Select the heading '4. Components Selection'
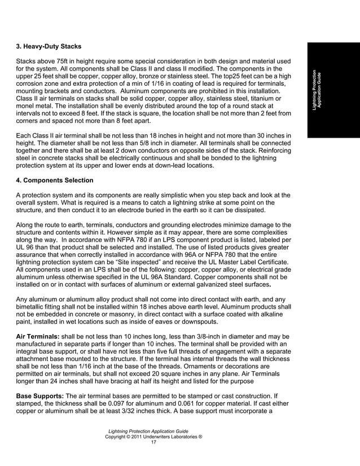point(54,181)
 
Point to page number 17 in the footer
point(153,442)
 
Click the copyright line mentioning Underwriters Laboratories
point(154,436)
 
